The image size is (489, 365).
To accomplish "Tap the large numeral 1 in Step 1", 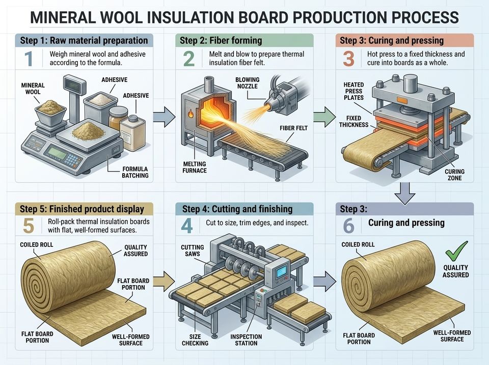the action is click(29, 59).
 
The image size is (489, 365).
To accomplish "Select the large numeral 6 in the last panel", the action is click(348, 226).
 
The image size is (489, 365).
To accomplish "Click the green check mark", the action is click(456, 250).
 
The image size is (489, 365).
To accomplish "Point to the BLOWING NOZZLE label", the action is click(248, 83).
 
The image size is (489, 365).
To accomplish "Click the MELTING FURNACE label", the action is click(195, 167).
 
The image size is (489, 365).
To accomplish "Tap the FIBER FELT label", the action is click(293, 128).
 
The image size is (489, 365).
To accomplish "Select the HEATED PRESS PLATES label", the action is click(354, 91).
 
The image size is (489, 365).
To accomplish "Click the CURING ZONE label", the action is click(454, 175).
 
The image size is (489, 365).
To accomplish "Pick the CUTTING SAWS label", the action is click(193, 250).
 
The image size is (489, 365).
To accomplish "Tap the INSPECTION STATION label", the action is click(246, 340).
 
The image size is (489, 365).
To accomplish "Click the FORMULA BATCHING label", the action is click(135, 172).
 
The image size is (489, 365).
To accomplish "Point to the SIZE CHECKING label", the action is click(195, 340).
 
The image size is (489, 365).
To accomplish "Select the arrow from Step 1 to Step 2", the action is click(165, 117).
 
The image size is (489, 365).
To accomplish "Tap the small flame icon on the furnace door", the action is click(191, 114).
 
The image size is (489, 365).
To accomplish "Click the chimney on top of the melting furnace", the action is click(209, 84).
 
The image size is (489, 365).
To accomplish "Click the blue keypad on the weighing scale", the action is click(72, 160).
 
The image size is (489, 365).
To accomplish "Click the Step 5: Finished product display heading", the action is click(82, 209).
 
